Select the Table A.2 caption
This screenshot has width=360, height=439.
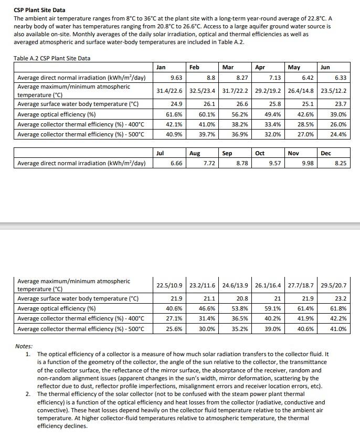coord(48,58)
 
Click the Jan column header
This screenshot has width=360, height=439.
coord(161,68)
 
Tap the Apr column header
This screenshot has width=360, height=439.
coord(260,68)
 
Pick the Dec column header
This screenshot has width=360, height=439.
coord(325,153)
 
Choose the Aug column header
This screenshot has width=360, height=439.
coord(195,153)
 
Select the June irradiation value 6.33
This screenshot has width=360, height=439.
coord(341,78)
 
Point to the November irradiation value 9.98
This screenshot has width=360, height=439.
coord(308,164)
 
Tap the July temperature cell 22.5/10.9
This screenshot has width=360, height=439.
coord(170,285)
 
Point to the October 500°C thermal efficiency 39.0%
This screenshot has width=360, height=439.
coord(272,329)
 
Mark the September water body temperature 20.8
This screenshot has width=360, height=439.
coord(241,298)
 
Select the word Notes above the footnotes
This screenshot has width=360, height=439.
coord(24,347)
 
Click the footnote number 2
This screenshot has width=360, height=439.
coord(28,394)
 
